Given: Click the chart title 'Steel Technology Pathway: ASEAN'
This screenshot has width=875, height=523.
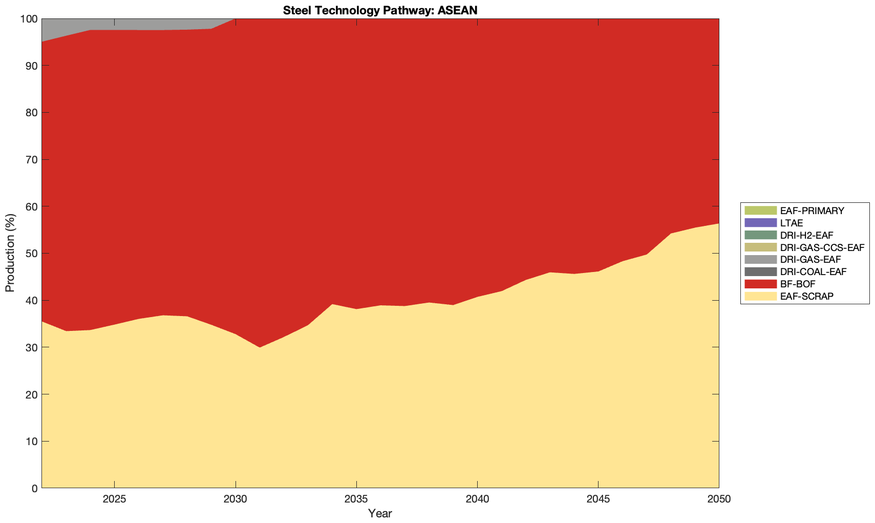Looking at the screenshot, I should (380, 10).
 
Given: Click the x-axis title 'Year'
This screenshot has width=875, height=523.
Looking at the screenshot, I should (380, 513).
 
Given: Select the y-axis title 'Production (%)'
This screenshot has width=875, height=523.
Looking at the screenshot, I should (10, 253).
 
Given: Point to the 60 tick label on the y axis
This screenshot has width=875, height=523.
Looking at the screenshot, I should (31, 206).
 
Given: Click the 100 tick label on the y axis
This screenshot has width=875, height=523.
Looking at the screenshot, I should (29, 19).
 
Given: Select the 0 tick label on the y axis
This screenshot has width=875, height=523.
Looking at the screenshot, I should (34, 488).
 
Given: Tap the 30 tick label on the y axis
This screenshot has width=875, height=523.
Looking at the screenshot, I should (31, 347).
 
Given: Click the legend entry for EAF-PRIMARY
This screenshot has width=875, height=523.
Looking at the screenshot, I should (812, 211).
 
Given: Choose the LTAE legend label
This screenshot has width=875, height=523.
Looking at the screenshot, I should (791, 223).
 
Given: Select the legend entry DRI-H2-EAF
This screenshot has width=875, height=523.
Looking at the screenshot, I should (806, 235).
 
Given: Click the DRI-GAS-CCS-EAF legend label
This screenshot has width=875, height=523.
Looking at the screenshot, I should (822, 247).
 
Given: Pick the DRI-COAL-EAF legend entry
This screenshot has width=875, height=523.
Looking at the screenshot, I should (813, 271).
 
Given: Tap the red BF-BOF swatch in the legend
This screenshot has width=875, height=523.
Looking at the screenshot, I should (760, 284).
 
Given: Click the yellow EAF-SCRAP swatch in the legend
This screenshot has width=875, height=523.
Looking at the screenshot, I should (760, 296).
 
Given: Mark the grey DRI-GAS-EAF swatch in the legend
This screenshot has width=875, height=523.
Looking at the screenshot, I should (760, 260).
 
